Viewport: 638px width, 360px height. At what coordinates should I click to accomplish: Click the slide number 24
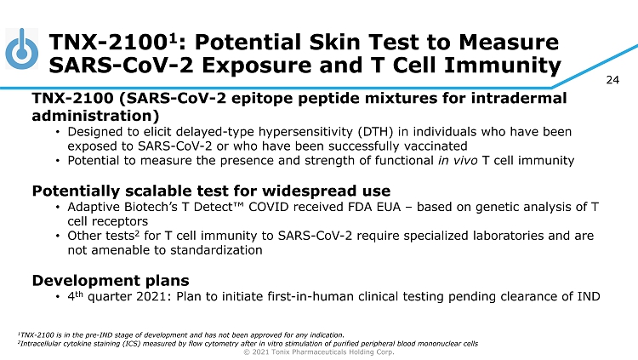[x=612, y=80]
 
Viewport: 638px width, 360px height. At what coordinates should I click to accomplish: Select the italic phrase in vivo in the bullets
[x=458, y=161]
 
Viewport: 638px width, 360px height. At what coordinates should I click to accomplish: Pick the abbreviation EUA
[x=389, y=207]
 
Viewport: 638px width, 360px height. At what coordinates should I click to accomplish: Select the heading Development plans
[x=111, y=281]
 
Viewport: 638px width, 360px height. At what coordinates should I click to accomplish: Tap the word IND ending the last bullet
[x=589, y=296]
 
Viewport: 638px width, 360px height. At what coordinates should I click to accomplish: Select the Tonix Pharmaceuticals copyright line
[x=319, y=351]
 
